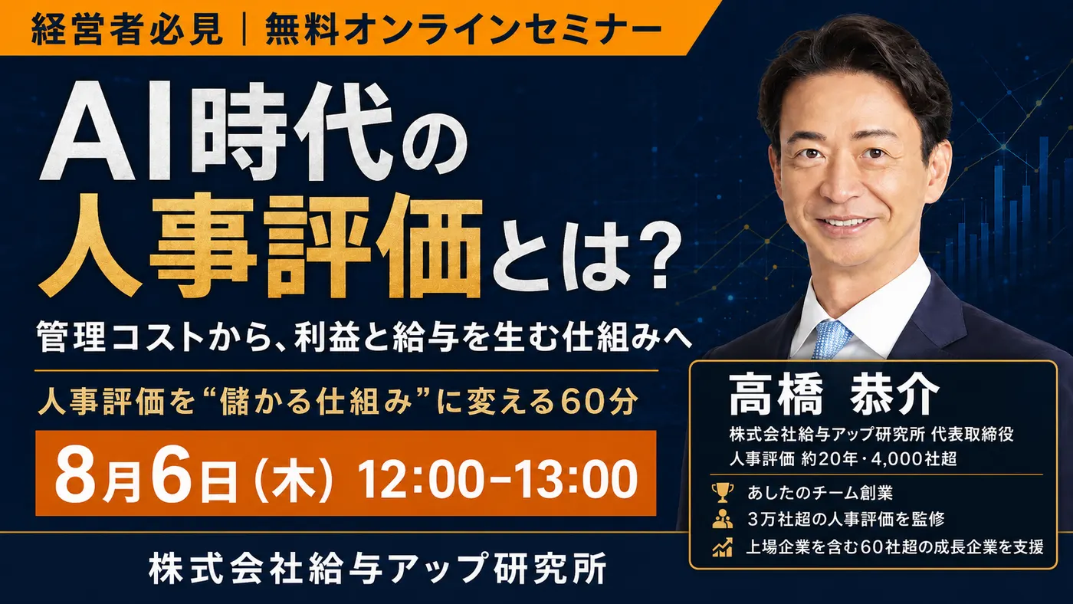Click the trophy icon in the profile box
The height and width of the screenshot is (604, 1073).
click(722, 492)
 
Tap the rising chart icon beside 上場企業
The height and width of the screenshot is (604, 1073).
click(722, 547)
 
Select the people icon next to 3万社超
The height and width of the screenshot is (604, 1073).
click(722, 519)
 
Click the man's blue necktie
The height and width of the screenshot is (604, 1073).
click(832, 339)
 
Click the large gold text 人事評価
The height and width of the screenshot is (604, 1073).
click(261, 246)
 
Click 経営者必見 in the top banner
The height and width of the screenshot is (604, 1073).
click(127, 28)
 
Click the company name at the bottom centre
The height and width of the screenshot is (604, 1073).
click(377, 568)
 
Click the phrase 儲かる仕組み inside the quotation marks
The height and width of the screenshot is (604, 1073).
click(316, 402)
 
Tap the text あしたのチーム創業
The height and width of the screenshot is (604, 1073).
click(820, 493)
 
